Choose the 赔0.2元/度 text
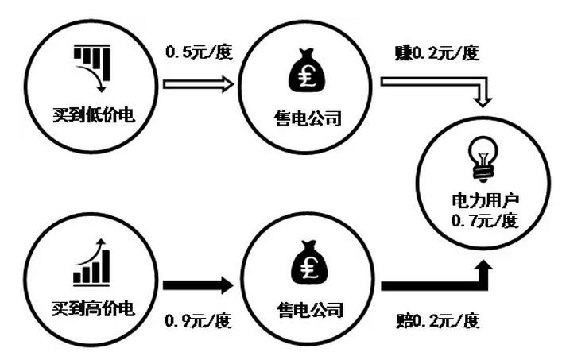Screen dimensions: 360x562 point(436,322)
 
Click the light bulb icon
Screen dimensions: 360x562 point(482,160)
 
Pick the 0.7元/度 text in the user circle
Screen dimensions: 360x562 point(482,221)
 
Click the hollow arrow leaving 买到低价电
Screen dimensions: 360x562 point(197,83)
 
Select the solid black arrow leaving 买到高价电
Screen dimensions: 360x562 point(197,285)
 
